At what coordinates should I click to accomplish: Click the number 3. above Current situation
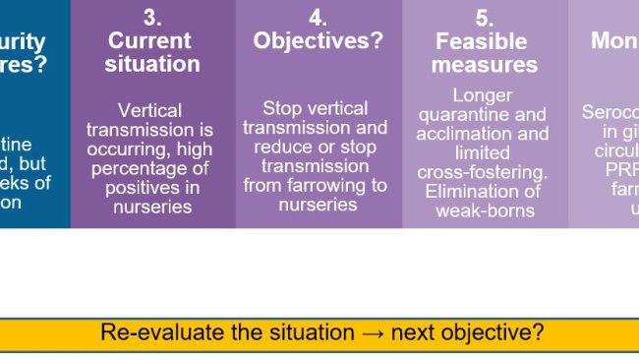152,18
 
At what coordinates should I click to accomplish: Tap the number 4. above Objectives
318,18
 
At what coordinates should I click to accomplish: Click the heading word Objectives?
318,41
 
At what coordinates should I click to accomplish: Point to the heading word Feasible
482,42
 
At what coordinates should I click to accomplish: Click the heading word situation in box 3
152,65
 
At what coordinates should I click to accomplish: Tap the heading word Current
149,41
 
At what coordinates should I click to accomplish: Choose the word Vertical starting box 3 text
151,110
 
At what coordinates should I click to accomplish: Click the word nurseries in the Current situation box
152,207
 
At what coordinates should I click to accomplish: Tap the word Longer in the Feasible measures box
484,95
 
